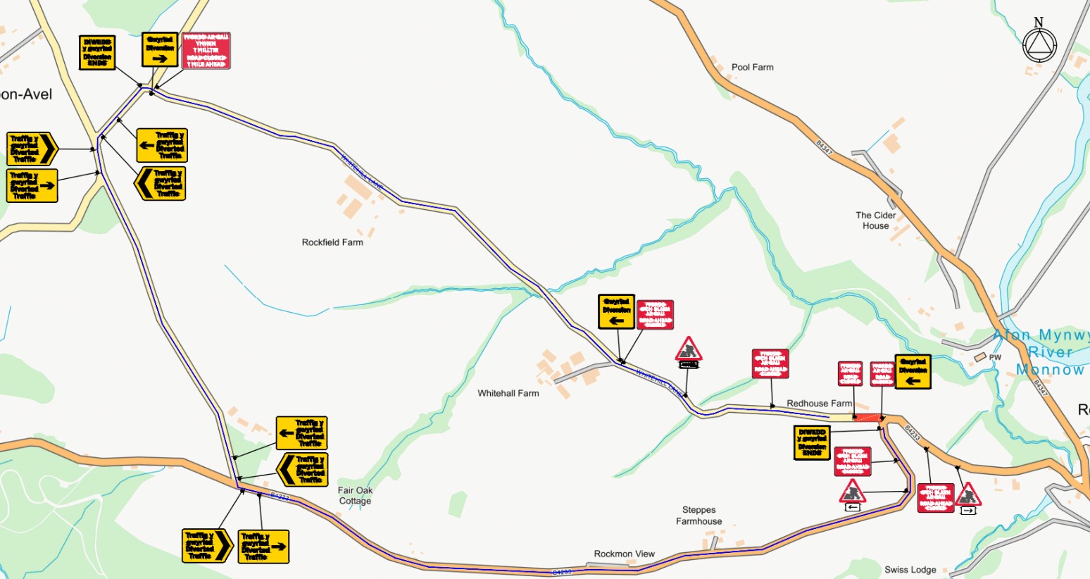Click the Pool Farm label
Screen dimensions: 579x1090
point(752,68)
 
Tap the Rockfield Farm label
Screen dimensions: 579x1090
point(332,242)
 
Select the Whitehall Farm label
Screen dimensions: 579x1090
point(508,393)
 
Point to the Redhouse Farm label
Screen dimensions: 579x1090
point(819,404)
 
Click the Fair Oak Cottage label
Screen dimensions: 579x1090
point(355,496)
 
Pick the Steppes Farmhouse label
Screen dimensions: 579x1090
point(699,516)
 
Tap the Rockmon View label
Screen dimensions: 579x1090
point(624,554)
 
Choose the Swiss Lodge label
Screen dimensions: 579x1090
point(910,570)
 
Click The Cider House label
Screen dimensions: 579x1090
point(876,220)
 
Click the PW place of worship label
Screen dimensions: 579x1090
point(995,358)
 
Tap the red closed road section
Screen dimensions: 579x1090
point(868,418)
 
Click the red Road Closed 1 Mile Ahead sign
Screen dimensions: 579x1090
point(206,51)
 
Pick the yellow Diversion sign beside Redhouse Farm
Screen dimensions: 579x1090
point(913,372)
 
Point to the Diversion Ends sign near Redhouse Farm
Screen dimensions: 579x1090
point(812,442)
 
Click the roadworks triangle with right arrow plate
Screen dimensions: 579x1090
point(968,496)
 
